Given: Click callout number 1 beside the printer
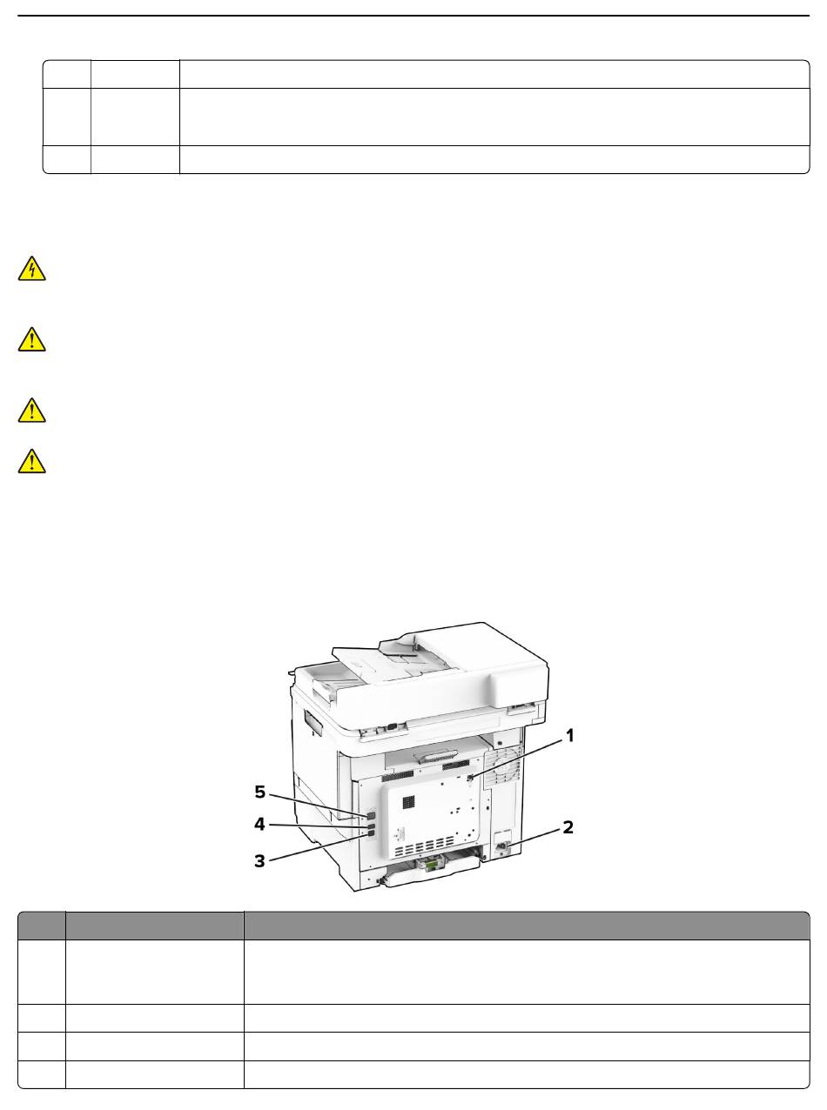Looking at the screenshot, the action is click(569, 736).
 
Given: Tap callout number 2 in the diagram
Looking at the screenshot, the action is click(568, 827).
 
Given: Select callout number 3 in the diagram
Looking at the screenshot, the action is click(259, 861).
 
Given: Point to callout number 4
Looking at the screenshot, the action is click(259, 825).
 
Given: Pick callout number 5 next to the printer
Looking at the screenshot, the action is click(259, 792).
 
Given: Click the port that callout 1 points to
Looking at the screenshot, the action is click(470, 777).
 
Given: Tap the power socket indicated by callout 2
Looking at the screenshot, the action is click(501, 846).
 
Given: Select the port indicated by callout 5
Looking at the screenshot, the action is click(371, 815).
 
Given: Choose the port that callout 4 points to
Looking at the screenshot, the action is click(371, 826).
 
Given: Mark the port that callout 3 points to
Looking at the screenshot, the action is click(371, 834).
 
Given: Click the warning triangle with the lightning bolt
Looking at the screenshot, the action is click(32, 269).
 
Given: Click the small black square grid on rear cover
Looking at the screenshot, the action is click(409, 803).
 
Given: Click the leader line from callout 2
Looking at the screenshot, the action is click(532, 837).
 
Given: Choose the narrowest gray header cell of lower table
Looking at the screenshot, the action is click(42, 926).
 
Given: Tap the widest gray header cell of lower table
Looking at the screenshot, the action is click(527, 926).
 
